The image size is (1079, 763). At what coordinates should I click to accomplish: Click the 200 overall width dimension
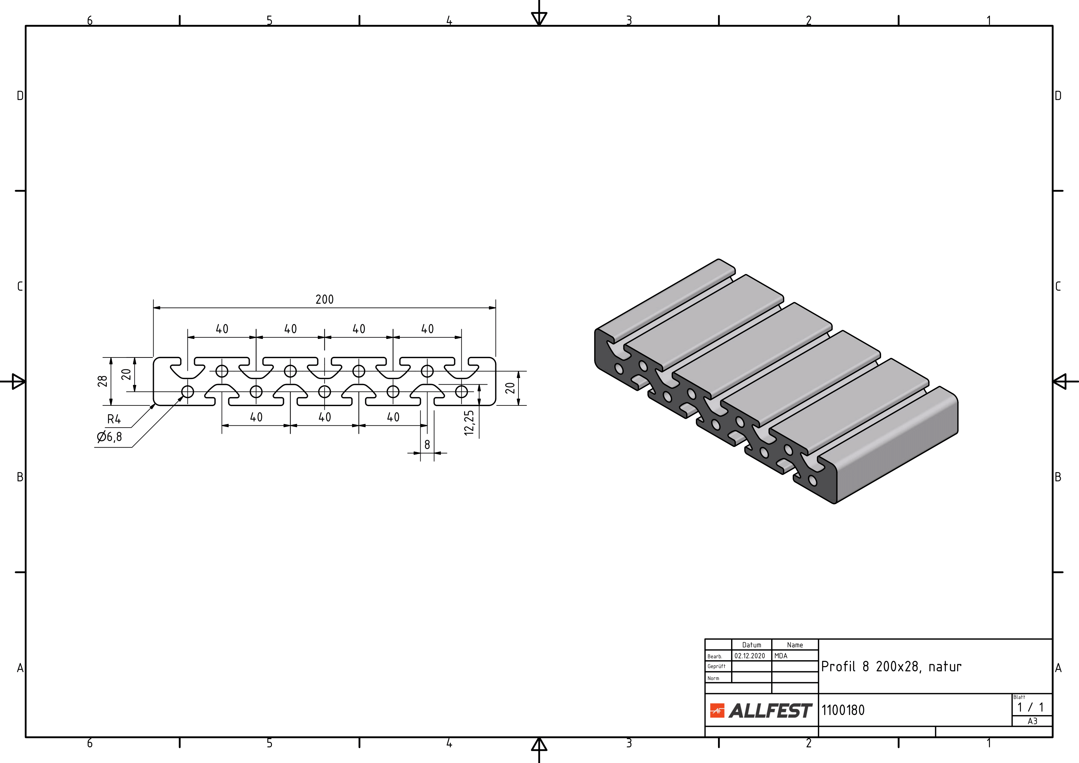(x=324, y=299)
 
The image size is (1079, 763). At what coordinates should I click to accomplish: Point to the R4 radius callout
(x=114, y=419)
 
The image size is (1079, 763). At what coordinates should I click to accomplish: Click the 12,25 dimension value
(x=469, y=423)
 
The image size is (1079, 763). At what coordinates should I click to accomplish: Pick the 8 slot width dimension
(x=427, y=444)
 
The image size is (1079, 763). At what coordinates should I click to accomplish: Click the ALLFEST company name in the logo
(x=770, y=710)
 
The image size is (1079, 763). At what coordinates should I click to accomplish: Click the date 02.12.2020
(x=750, y=656)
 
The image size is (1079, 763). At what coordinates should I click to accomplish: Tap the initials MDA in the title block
(x=781, y=656)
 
